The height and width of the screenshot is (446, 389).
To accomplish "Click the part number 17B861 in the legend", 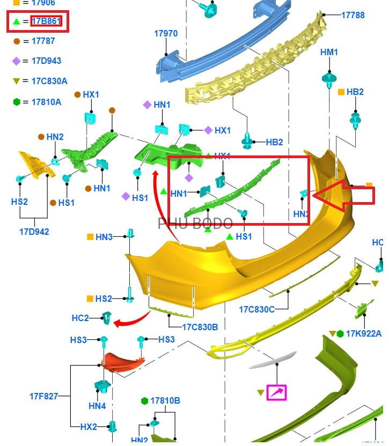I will (x=47, y=21).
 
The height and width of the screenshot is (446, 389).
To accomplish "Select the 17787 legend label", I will (x=43, y=41).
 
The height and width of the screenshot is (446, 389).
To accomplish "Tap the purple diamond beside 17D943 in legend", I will (x=17, y=61).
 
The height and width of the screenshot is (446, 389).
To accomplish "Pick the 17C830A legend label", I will (x=49, y=81).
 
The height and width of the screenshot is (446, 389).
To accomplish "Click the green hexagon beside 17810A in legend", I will (x=17, y=101).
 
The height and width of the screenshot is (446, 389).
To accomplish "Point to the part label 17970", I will (x=166, y=33).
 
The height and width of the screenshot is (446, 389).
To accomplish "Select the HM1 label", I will (x=329, y=52).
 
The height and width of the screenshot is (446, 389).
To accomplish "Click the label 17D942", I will (x=34, y=232).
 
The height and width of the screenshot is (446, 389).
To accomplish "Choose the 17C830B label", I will (x=200, y=326).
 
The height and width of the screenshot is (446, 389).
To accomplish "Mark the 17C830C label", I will (x=256, y=309).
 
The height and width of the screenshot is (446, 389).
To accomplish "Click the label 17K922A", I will (x=363, y=334).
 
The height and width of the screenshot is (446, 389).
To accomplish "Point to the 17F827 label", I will (x=44, y=397).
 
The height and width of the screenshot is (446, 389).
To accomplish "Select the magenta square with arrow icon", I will (x=277, y=392).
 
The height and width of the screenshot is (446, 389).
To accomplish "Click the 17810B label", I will (x=165, y=400).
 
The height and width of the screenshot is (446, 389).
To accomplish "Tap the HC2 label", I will (x=80, y=318).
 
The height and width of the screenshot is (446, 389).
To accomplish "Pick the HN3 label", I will (x=104, y=236).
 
